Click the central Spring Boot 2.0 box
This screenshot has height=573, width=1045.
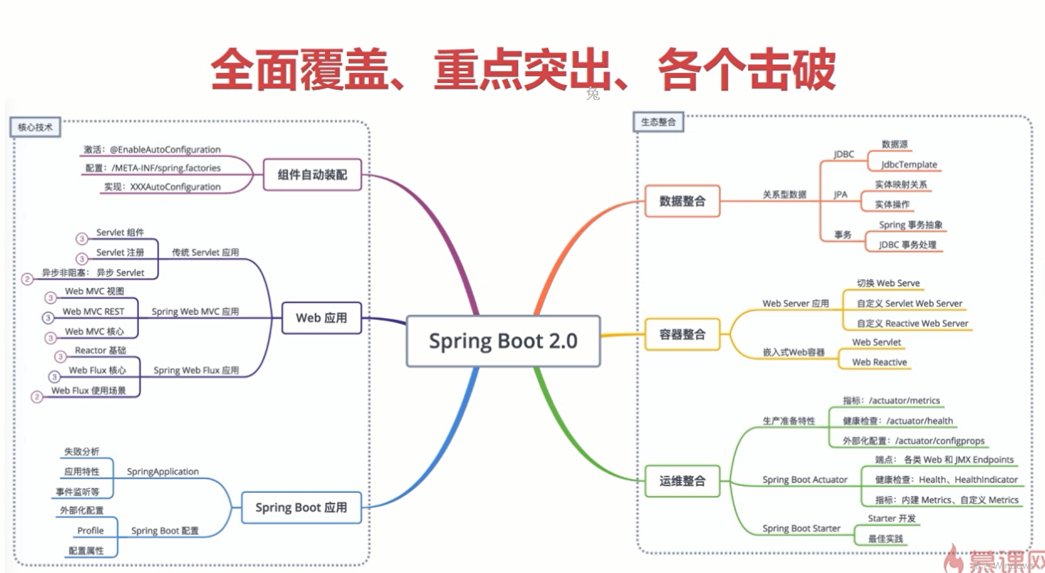pos(503,341)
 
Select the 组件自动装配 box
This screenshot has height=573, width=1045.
pos(312,174)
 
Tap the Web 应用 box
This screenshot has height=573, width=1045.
pos(321,318)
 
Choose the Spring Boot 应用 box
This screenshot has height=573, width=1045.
pos(301,507)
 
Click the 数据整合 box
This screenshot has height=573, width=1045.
pos(682,201)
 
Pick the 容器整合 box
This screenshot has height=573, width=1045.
pos(682,334)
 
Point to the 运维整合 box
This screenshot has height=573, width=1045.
pos(682,481)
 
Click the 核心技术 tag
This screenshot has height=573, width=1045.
pos(35,127)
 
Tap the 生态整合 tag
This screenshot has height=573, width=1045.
pos(658,122)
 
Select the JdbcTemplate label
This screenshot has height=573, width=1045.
pos(909,164)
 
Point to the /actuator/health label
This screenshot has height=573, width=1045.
pos(919,421)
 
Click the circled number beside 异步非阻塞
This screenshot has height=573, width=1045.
pos(27,279)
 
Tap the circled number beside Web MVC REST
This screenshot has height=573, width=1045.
pos(48,318)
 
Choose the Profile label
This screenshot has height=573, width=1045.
pos(90,530)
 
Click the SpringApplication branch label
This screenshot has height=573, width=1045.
pos(163,471)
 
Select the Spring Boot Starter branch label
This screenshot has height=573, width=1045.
pos(801,528)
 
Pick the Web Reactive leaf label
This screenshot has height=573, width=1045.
pos(879,362)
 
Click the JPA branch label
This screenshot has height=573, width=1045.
pos(840,194)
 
